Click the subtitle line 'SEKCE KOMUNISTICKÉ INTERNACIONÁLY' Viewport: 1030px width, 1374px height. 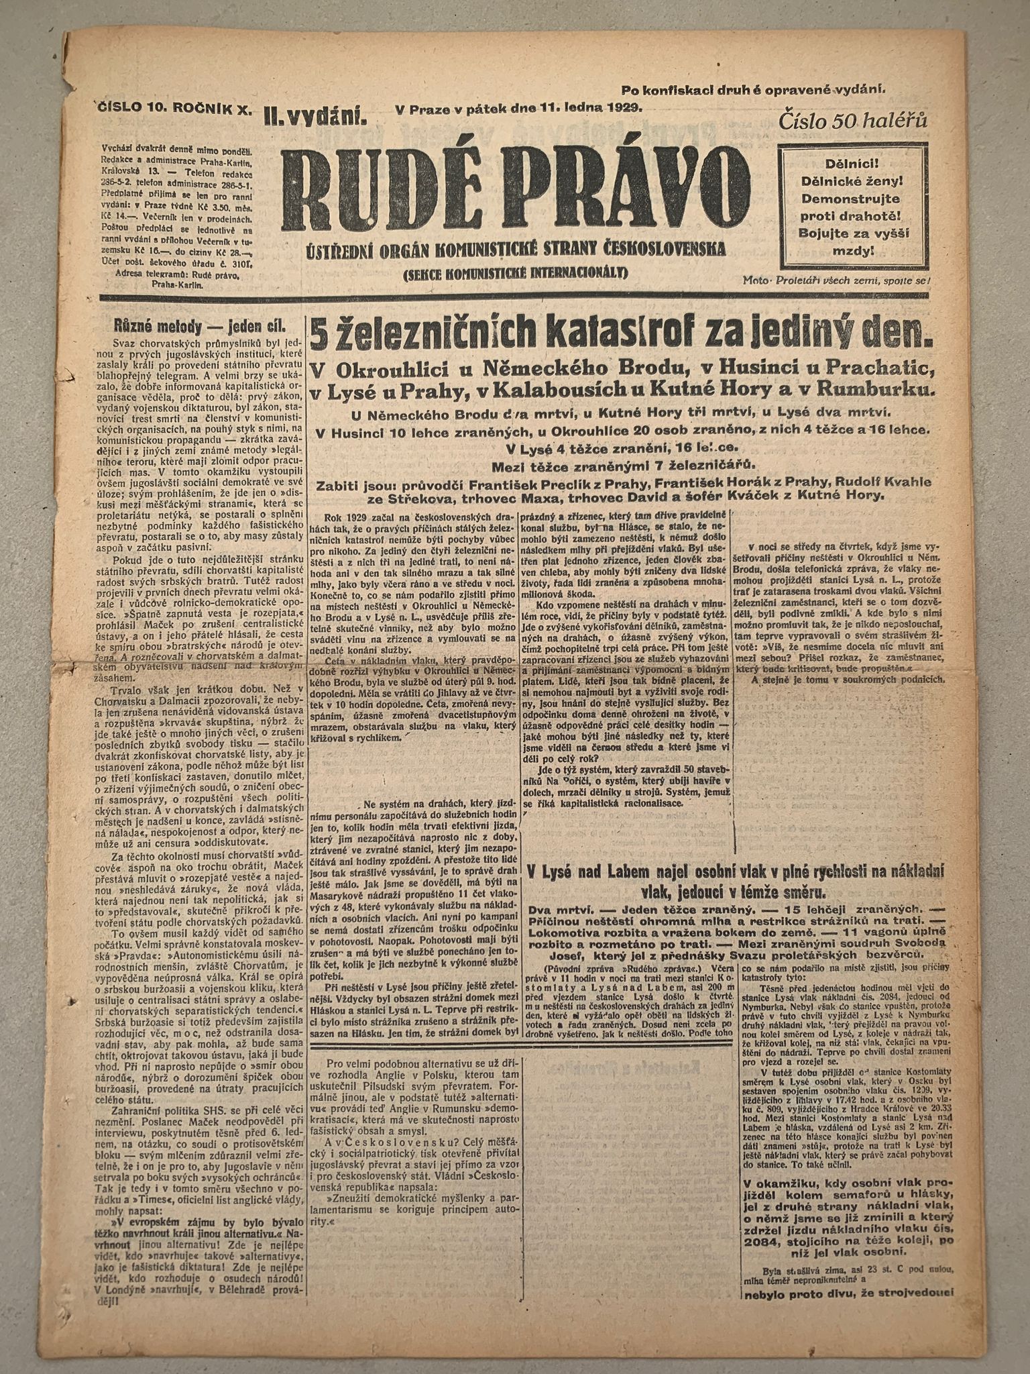coord(514,272)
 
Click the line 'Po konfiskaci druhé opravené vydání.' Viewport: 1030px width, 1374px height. coord(753,89)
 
